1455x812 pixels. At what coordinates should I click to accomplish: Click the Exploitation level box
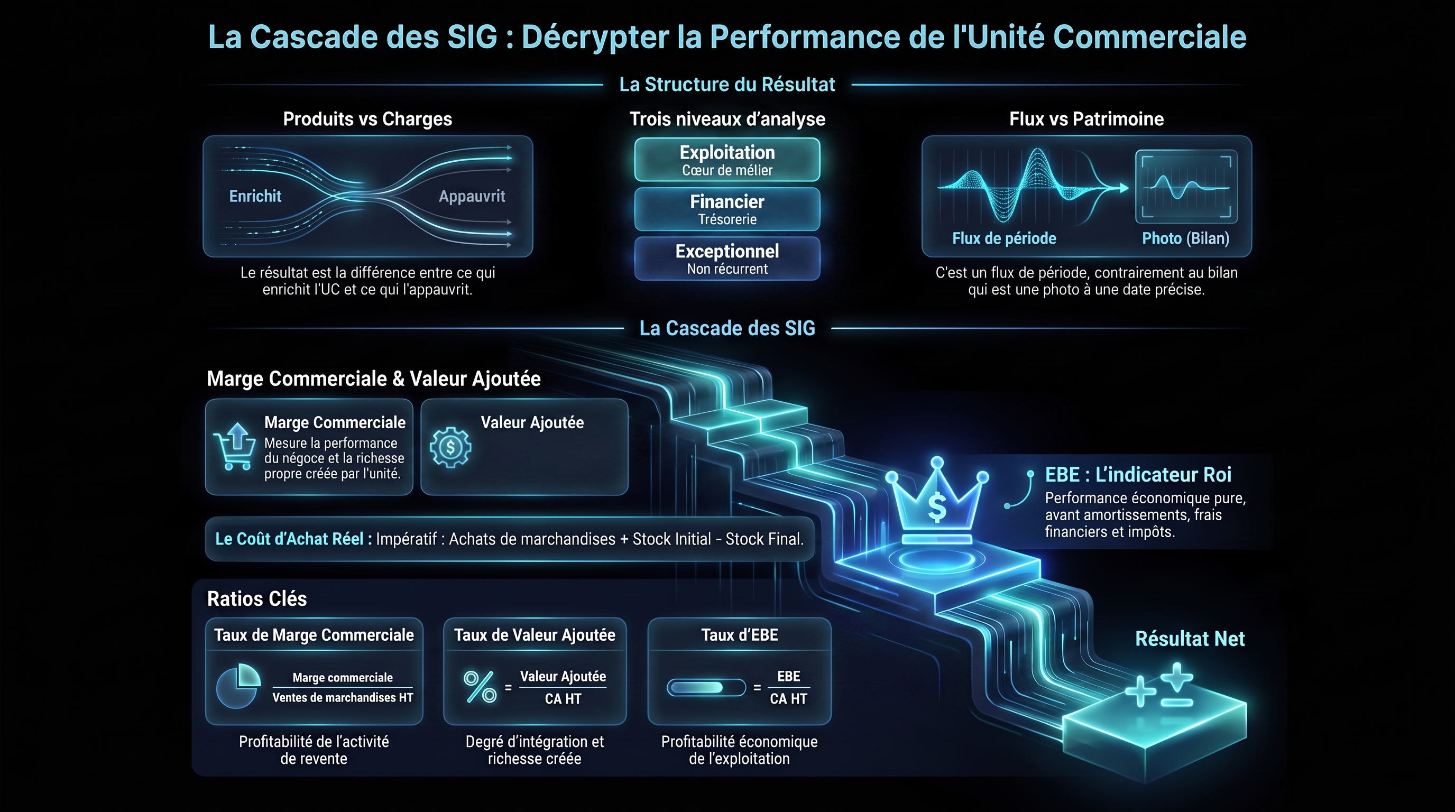tap(727, 159)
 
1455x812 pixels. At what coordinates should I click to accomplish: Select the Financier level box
tap(727, 209)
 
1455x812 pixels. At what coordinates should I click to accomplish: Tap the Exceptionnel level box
tap(727, 258)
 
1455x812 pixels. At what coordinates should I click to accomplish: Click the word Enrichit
tap(255, 196)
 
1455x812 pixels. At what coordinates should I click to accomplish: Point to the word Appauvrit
tap(472, 197)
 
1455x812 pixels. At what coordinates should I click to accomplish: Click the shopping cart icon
tap(234, 446)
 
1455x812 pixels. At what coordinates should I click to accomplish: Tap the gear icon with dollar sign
tap(450, 447)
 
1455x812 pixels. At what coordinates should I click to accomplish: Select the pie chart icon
tap(238, 686)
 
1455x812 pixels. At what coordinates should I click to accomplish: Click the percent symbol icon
tap(480, 687)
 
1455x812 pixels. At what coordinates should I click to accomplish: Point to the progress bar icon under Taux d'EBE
tap(706, 687)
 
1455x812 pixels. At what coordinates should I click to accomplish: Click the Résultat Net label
tap(1190, 639)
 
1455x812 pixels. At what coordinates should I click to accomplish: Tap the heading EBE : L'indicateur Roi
tap(1138, 474)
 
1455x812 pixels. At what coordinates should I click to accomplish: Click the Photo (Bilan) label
tap(1185, 238)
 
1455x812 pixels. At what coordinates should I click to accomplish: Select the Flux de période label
tap(1003, 238)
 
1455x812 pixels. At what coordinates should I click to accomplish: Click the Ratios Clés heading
tap(257, 598)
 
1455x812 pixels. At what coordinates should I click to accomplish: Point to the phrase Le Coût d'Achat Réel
tap(289, 539)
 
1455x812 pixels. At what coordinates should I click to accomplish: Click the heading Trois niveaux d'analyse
tap(727, 119)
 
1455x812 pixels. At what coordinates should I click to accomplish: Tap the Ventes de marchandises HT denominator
tap(342, 697)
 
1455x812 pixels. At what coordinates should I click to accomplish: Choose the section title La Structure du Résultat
tap(727, 85)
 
